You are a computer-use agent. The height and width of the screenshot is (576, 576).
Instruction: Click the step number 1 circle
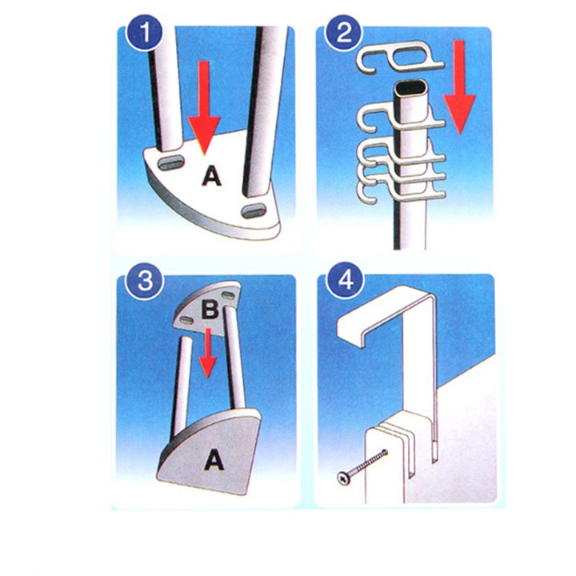click(x=144, y=32)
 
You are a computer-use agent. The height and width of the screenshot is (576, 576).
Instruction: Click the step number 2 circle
click(x=343, y=32)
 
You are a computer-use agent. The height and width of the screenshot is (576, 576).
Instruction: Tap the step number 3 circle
click(x=144, y=281)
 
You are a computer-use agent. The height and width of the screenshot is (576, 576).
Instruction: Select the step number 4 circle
click(x=345, y=281)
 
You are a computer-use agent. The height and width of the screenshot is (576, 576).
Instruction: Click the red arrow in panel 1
click(x=204, y=107)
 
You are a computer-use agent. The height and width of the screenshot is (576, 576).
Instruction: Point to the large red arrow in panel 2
click(x=459, y=87)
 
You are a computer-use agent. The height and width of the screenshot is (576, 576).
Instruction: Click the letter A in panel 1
click(x=211, y=175)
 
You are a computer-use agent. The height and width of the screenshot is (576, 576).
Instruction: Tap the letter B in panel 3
click(x=210, y=310)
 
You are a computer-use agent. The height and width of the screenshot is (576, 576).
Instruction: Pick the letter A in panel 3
click(x=214, y=460)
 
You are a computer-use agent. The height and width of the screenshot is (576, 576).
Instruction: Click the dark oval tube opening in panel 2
click(x=411, y=88)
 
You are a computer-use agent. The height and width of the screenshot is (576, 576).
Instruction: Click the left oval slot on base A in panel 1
click(x=171, y=162)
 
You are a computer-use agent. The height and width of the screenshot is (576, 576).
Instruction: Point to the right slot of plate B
click(x=228, y=294)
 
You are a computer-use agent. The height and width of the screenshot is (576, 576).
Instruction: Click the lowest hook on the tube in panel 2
click(x=401, y=190)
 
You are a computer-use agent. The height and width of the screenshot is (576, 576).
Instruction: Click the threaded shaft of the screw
click(x=370, y=463)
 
